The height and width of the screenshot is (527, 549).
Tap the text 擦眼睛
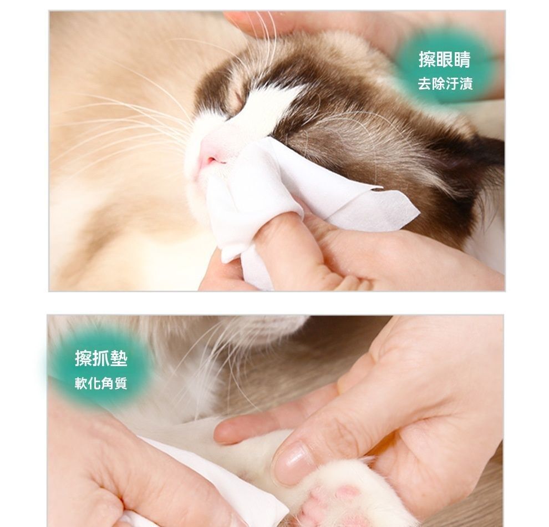click(445, 59)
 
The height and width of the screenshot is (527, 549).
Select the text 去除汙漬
click(445, 84)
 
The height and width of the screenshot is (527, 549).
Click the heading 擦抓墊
click(101, 358)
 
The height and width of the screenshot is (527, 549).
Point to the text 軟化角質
click(101, 383)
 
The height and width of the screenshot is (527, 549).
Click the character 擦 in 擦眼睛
click(428, 59)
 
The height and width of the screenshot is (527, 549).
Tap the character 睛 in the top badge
click(462, 59)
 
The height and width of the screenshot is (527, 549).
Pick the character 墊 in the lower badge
click(119, 358)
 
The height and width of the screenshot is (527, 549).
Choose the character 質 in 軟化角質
click(121, 383)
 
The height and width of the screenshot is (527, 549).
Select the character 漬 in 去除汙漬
click(466, 84)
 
